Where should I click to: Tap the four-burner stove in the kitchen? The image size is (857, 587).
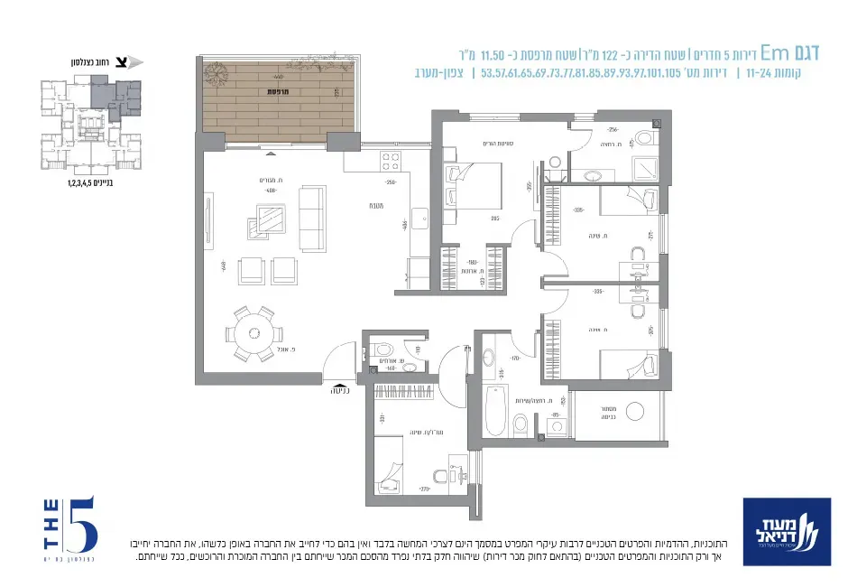tap(391, 162)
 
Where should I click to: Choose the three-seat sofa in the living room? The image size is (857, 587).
tap(312, 218)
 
